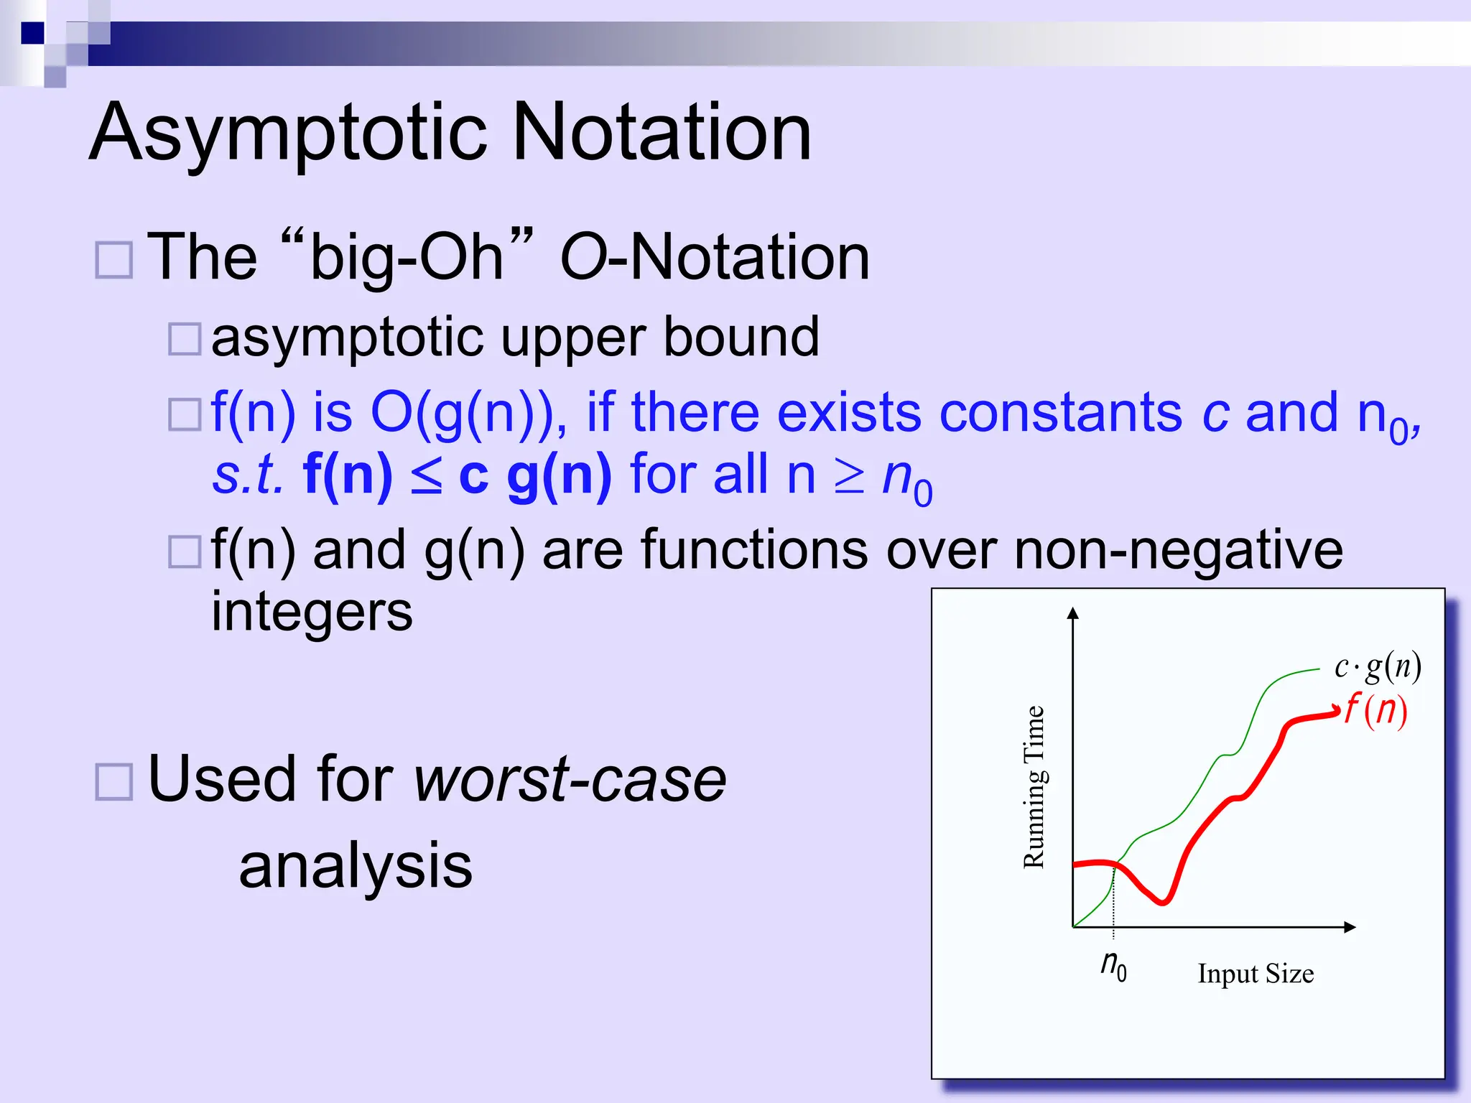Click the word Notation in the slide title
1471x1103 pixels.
click(662, 133)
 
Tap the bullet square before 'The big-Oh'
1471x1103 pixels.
click(114, 260)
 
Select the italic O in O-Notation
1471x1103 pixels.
click(582, 259)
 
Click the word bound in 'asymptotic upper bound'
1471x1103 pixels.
click(741, 337)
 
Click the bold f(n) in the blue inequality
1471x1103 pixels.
click(348, 475)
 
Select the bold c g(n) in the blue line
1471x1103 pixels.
click(534, 475)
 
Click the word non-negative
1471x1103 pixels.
click(1178, 550)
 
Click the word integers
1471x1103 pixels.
click(312, 612)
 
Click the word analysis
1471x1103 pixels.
click(356, 866)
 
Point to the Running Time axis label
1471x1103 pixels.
click(1034, 787)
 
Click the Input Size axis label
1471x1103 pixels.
click(1256, 974)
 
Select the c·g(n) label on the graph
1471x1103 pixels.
click(1377, 666)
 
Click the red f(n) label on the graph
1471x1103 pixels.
click(1375, 710)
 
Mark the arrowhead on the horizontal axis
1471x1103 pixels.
click(1350, 927)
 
